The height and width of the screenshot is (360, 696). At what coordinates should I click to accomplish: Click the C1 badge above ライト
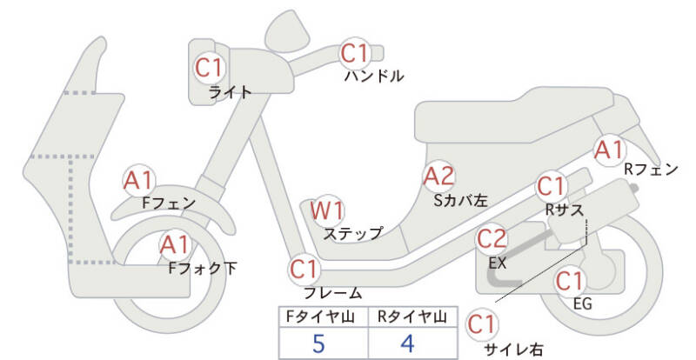(x=210, y=66)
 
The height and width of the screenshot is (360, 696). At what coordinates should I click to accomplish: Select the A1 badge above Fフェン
(x=139, y=180)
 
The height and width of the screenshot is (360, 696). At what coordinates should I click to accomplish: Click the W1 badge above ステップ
(x=328, y=210)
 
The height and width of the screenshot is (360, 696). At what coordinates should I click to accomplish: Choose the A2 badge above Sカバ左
(x=438, y=177)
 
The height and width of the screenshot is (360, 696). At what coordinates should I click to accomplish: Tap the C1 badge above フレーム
(x=304, y=268)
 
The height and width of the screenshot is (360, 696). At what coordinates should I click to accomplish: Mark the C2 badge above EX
(x=492, y=237)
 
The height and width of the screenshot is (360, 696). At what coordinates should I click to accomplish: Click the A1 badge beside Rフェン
(x=608, y=150)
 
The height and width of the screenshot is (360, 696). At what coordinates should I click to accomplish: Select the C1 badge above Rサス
(x=551, y=186)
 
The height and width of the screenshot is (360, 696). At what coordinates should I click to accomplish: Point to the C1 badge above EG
(x=569, y=281)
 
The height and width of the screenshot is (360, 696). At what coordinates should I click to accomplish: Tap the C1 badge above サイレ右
(x=482, y=324)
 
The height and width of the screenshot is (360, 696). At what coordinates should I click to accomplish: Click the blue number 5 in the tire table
(x=318, y=343)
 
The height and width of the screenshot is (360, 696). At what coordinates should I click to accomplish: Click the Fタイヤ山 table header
(x=318, y=317)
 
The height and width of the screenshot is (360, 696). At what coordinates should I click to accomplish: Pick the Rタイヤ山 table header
(x=410, y=317)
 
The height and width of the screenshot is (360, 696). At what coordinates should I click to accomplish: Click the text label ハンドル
(x=374, y=77)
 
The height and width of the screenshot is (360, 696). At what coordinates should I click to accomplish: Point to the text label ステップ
(x=352, y=233)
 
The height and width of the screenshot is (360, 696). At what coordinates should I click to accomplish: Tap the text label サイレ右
(x=513, y=350)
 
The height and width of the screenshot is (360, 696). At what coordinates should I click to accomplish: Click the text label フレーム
(x=333, y=293)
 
